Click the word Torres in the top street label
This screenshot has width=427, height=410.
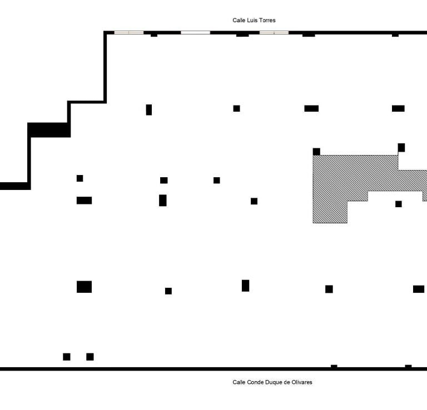266,21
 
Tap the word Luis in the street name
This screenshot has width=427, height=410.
252,21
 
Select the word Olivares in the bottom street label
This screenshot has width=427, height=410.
308,382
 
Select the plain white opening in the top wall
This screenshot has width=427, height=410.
195,33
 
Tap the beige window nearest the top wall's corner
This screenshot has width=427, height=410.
128,33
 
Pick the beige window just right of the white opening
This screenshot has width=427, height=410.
274,33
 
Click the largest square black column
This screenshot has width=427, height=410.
84,287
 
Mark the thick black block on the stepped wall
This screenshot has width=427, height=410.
49,130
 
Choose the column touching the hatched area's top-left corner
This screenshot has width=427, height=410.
316,152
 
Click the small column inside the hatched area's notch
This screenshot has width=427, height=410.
399,204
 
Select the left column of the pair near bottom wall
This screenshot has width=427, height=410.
67,357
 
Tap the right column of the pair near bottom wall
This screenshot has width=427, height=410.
90,357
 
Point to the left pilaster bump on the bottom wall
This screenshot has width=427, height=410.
334,366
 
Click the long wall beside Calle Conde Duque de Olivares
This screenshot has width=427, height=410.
167,369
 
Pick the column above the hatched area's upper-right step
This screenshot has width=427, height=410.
401,147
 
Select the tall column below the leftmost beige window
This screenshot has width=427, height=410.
149,109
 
